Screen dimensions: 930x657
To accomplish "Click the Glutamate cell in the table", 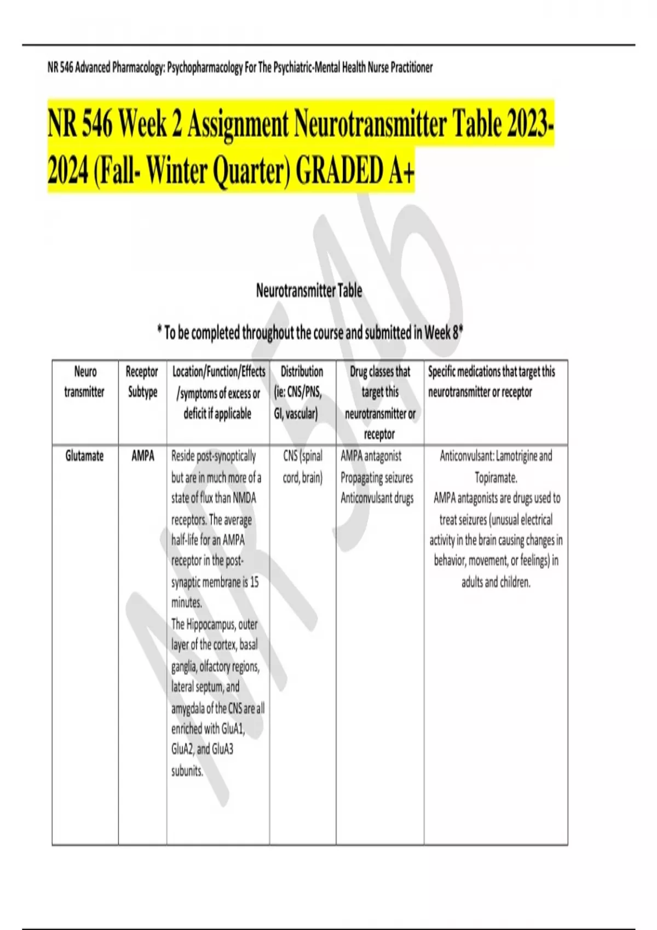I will [84, 456].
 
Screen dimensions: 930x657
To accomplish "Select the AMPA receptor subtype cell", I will [142, 456].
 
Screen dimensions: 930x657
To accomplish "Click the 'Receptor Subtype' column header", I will [142, 382].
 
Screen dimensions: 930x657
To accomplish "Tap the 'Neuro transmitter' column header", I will [85, 382].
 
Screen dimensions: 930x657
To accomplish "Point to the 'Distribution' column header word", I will [302, 372].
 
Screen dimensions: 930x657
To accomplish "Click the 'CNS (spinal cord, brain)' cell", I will [302, 467].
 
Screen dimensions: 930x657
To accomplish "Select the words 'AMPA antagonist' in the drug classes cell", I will [371, 456].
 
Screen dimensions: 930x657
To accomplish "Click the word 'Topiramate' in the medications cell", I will [495, 478].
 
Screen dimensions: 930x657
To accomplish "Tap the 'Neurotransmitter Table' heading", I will [309, 290].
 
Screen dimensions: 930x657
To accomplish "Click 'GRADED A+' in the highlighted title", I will [355, 171].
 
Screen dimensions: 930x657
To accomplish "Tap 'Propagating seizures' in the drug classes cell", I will [377, 478].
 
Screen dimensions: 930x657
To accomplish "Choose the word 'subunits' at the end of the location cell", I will [187, 771].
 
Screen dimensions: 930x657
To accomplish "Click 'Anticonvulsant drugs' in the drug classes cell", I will [377, 498].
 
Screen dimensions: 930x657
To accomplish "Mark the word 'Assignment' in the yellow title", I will [238, 125].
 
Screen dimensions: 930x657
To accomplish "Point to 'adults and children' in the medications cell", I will [495, 582].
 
